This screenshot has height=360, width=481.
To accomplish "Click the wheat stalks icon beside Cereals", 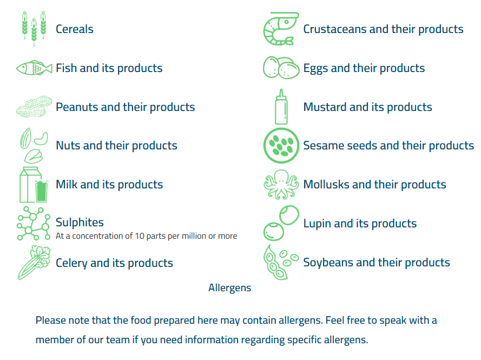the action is click(34, 29).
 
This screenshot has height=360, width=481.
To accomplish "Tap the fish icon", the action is click(34, 68).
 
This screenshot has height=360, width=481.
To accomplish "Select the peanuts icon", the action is click(34, 107).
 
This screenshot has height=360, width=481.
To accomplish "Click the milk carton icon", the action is click(34, 185).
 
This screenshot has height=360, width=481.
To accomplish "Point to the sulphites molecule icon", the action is click(34, 224).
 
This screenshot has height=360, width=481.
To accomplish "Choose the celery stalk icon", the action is click(34, 263).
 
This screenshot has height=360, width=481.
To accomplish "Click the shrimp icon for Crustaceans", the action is click(281, 29).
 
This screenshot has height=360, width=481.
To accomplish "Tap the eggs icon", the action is click(281, 68).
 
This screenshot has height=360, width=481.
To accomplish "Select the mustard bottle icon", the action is click(281, 107).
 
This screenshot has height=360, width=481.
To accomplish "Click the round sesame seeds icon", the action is click(281, 146).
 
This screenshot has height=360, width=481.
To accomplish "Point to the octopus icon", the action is click(281, 185).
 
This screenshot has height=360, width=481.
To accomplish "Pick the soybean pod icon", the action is click(281, 262).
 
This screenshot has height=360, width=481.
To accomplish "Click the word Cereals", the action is click(75, 29).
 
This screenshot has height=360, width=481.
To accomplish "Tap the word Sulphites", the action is click(80, 222).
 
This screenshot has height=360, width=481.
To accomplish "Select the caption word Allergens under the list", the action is click(230, 288).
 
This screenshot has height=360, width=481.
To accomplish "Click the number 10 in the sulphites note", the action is click(140, 236).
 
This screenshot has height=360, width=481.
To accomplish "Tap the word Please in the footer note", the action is click(50, 320).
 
